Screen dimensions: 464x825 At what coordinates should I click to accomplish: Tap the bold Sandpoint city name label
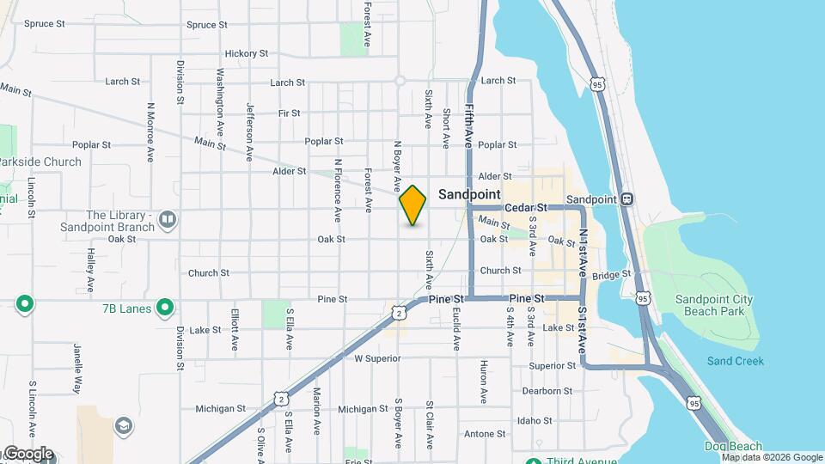click(469, 195)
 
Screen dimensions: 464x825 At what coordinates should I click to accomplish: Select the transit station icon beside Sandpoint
click(627, 198)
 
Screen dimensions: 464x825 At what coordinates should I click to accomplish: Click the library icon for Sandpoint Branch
click(168, 221)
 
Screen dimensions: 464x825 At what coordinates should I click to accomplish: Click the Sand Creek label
click(735, 361)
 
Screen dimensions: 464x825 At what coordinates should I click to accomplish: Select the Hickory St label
click(247, 53)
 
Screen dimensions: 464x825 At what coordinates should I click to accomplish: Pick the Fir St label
click(290, 113)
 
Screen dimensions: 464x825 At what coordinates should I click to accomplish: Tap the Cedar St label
click(526, 208)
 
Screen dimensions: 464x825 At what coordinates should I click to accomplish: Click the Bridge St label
click(611, 275)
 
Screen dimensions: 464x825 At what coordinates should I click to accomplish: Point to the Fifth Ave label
click(470, 125)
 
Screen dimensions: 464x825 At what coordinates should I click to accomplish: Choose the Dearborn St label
click(547, 391)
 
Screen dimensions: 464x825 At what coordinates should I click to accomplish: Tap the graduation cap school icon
click(124, 427)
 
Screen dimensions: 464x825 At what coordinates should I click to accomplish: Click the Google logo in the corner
click(28, 454)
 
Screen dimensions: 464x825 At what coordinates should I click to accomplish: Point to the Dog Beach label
click(732, 446)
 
